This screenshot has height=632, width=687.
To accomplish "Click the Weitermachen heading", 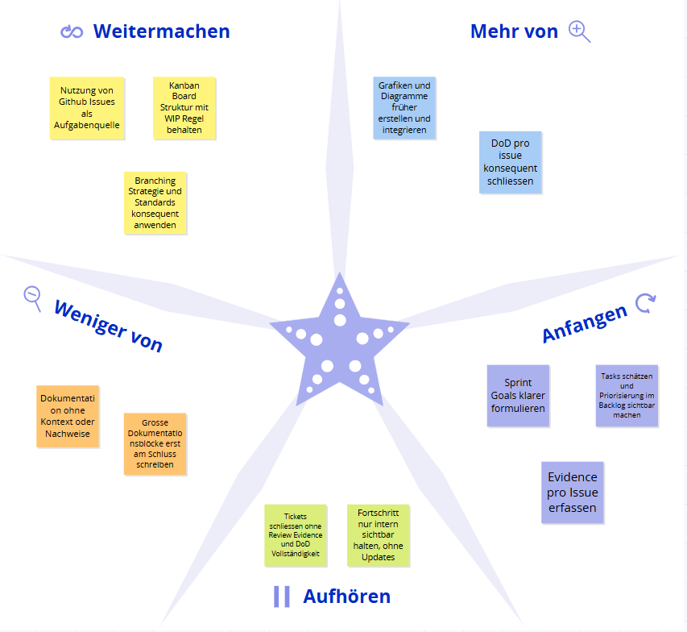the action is point(161,31).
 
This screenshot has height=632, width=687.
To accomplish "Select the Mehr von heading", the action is point(514,31).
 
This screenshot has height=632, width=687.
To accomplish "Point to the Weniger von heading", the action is point(108,326).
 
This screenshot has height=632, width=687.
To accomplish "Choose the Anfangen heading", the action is point(585,323).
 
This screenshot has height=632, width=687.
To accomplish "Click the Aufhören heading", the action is point(346,597).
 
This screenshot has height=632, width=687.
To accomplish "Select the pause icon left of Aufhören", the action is point(282,597).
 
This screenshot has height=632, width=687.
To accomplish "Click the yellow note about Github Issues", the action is point(87,108).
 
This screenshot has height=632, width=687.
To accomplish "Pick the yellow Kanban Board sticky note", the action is point(184,108).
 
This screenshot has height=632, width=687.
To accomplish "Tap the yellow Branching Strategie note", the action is point(155,203).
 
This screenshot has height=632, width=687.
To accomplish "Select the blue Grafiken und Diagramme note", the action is point(404,108).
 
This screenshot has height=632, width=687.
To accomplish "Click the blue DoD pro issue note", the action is point(510,162).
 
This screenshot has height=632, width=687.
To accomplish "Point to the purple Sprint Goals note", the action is point(518,396).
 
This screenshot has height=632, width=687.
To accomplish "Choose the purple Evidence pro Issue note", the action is point(572,493).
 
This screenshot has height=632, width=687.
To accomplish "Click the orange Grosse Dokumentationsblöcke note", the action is point(155,444).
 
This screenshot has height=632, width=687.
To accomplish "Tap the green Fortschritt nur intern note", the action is point(378,535).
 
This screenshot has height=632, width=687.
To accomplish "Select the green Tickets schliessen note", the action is point(296,535).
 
